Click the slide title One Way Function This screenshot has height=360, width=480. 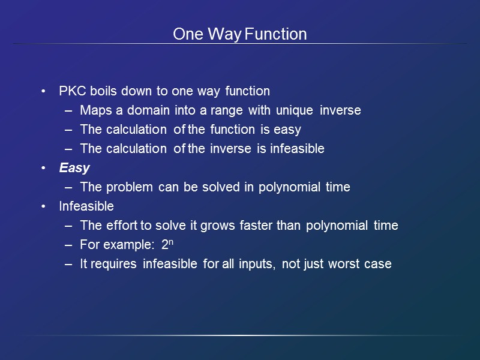pos(239,34)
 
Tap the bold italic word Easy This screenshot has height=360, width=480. pos(74,168)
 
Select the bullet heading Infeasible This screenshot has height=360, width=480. pos(86,206)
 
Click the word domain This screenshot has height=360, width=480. pos(146,110)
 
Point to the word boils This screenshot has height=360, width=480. pos(104,91)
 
